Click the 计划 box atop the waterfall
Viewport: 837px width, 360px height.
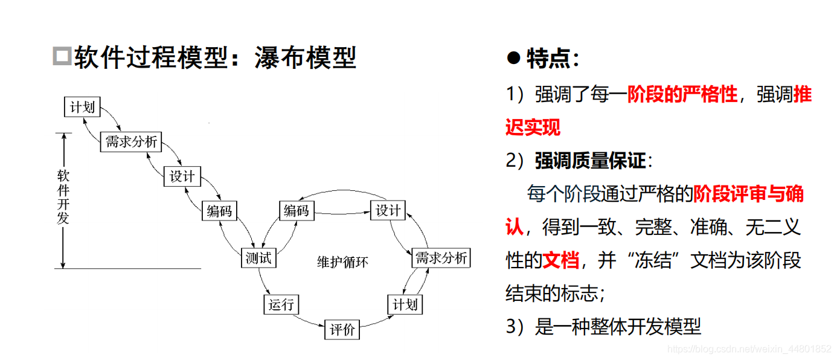(82, 108)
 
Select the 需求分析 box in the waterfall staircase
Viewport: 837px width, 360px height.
(130, 142)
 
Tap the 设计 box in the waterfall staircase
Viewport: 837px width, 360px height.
(182, 176)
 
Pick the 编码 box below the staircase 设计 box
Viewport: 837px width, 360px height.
(219, 211)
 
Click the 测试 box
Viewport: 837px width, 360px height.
(258, 258)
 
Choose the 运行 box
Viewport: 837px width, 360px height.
(281, 304)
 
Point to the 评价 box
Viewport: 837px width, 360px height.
(342, 330)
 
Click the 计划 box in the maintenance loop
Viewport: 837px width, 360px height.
(405, 304)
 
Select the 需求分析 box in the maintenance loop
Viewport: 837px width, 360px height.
(441, 258)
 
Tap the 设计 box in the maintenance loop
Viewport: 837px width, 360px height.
(388, 211)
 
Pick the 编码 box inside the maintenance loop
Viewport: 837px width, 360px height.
(296, 211)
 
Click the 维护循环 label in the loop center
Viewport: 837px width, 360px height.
(342, 262)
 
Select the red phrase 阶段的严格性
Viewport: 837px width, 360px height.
(682, 95)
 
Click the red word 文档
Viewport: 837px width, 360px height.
(561, 260)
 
